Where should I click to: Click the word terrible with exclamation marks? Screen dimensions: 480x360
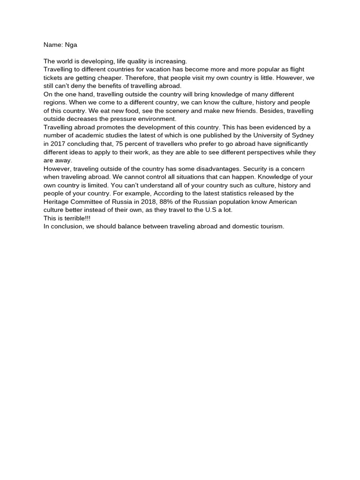click(77, 218)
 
